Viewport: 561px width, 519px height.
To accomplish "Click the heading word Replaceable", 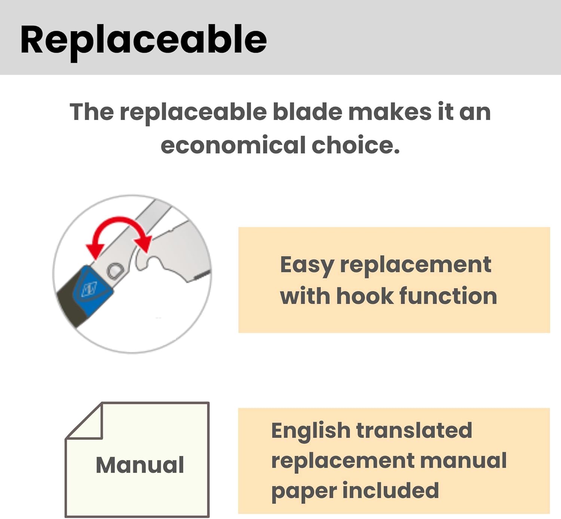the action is coord(144,41).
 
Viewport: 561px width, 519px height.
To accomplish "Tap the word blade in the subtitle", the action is coord(307,112).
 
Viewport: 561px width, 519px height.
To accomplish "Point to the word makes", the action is coord(390,112).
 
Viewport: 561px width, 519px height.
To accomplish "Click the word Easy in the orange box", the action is coord(307,266).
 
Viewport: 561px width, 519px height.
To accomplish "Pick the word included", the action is coord(391,489).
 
